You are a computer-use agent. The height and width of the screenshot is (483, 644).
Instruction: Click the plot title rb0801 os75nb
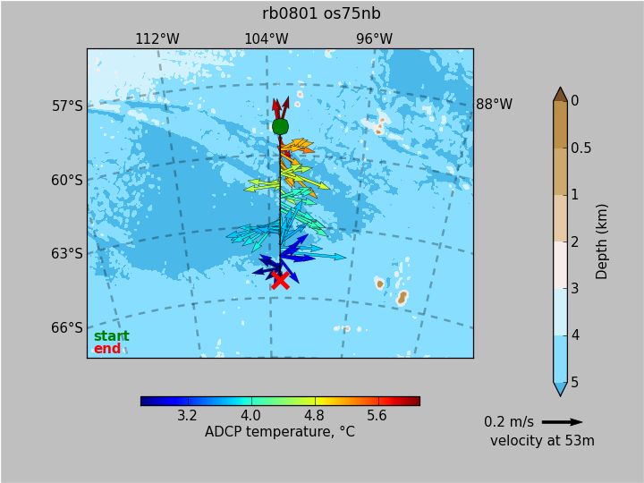tap(321, 13)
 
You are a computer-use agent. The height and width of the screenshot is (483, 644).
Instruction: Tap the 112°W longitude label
tap(157, 39)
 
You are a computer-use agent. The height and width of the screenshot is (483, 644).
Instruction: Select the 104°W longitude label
tap(267, 39)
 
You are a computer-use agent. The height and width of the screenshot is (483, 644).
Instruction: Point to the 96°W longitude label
tap(374, 39)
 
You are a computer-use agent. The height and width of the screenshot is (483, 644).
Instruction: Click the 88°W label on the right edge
tap(494, 105)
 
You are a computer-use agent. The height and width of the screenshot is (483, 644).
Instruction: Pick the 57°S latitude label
tap(67, 106)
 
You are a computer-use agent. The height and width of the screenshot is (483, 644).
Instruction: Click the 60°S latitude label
tap(67, 181)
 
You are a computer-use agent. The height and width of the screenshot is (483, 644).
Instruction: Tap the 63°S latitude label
tap(67, 254)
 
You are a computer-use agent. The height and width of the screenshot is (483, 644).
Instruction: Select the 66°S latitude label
tap(67, 327)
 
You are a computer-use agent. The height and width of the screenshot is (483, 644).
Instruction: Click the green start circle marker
tap(281, 126)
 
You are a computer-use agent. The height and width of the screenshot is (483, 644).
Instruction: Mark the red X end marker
tap(281, 280)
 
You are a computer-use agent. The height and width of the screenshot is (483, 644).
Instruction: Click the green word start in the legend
tap(112, 336)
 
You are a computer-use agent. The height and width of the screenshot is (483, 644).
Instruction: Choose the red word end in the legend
tap(107, 349)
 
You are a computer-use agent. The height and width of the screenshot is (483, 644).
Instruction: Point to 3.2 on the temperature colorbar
tap(187, 416)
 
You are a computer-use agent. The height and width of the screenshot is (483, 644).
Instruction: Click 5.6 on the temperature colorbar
tap(377, 416)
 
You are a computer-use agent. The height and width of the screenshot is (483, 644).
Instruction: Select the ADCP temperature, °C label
tap(280, 432)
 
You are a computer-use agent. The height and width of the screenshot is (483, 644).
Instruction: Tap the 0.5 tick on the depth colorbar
tap(581, 148)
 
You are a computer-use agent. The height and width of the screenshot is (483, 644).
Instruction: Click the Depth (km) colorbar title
tap(601, 241)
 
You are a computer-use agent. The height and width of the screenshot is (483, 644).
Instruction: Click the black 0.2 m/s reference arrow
tap(563, 422)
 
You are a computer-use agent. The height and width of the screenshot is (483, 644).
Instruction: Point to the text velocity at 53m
tap(542, 441)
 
